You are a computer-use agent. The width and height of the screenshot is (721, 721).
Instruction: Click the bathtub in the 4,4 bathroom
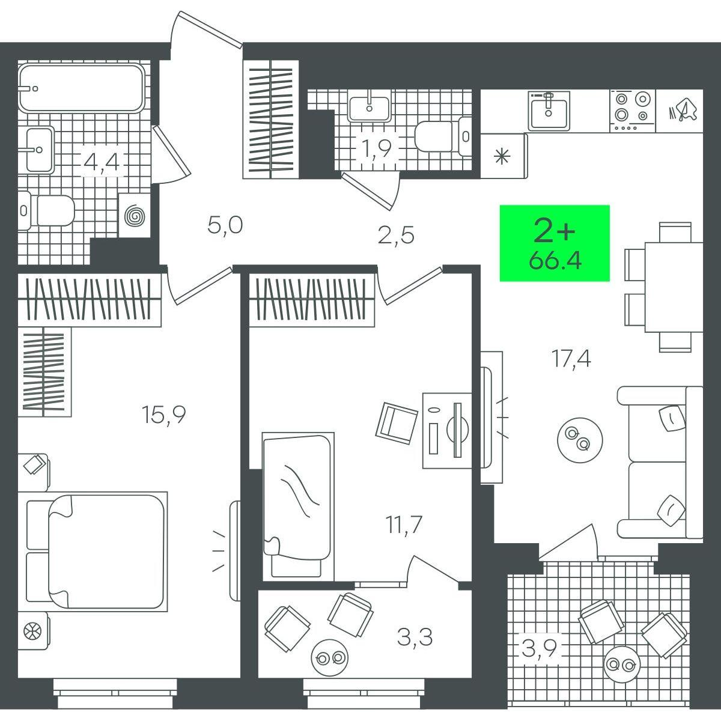[x=81, y=88]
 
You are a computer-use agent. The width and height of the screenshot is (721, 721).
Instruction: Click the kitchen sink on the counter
[x=549, y=110]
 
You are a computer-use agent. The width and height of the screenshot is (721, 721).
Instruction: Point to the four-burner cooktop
[x=632, y=111]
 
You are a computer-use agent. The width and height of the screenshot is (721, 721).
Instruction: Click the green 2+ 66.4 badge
[x=555, y=243]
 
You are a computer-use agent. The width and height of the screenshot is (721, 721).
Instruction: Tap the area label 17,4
[x=571, y=359]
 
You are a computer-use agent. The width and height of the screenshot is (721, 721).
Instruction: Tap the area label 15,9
[x=163, y=415]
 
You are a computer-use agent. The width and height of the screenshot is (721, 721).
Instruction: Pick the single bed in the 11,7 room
[x=298, y=507]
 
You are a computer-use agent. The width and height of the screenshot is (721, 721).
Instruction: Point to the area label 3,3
[x=415, y=637]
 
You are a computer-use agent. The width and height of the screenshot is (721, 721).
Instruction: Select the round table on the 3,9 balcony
[x=621, y=664]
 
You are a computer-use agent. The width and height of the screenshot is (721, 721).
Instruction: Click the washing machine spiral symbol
[x=135, y=216]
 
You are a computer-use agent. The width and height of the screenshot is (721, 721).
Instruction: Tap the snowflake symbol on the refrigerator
[x=501, y=156]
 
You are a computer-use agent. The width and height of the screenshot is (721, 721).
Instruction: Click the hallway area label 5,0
[x=225, y=226]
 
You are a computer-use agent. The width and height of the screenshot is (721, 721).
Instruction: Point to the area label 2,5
[x=396, y=236]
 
